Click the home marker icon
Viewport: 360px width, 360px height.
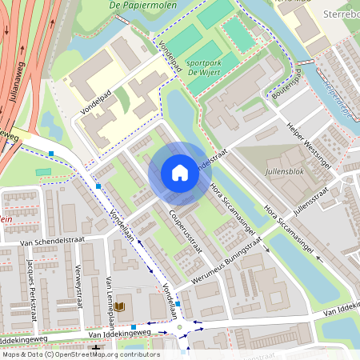tap(180, 173)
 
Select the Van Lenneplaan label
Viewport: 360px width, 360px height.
tap(107, 294)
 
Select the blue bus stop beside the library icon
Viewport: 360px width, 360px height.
tap(134, 326)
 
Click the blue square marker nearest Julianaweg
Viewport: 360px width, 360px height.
tap(51, 153)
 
